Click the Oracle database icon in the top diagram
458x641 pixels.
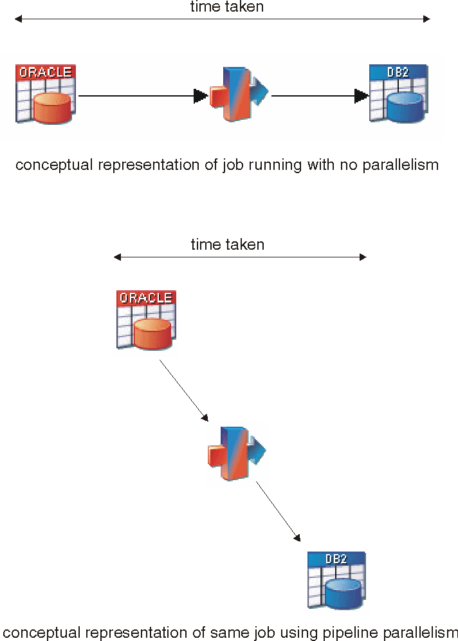45,94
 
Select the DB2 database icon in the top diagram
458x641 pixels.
399,94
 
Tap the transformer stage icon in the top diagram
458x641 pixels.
238,95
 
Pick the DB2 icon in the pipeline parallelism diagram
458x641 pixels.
336,580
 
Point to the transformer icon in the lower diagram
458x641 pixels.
236,452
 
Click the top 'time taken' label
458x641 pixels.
226,7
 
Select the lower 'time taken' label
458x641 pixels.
227,245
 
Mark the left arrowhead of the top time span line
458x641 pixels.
19,19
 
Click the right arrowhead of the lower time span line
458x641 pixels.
363,257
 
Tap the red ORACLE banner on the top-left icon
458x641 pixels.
46,71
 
